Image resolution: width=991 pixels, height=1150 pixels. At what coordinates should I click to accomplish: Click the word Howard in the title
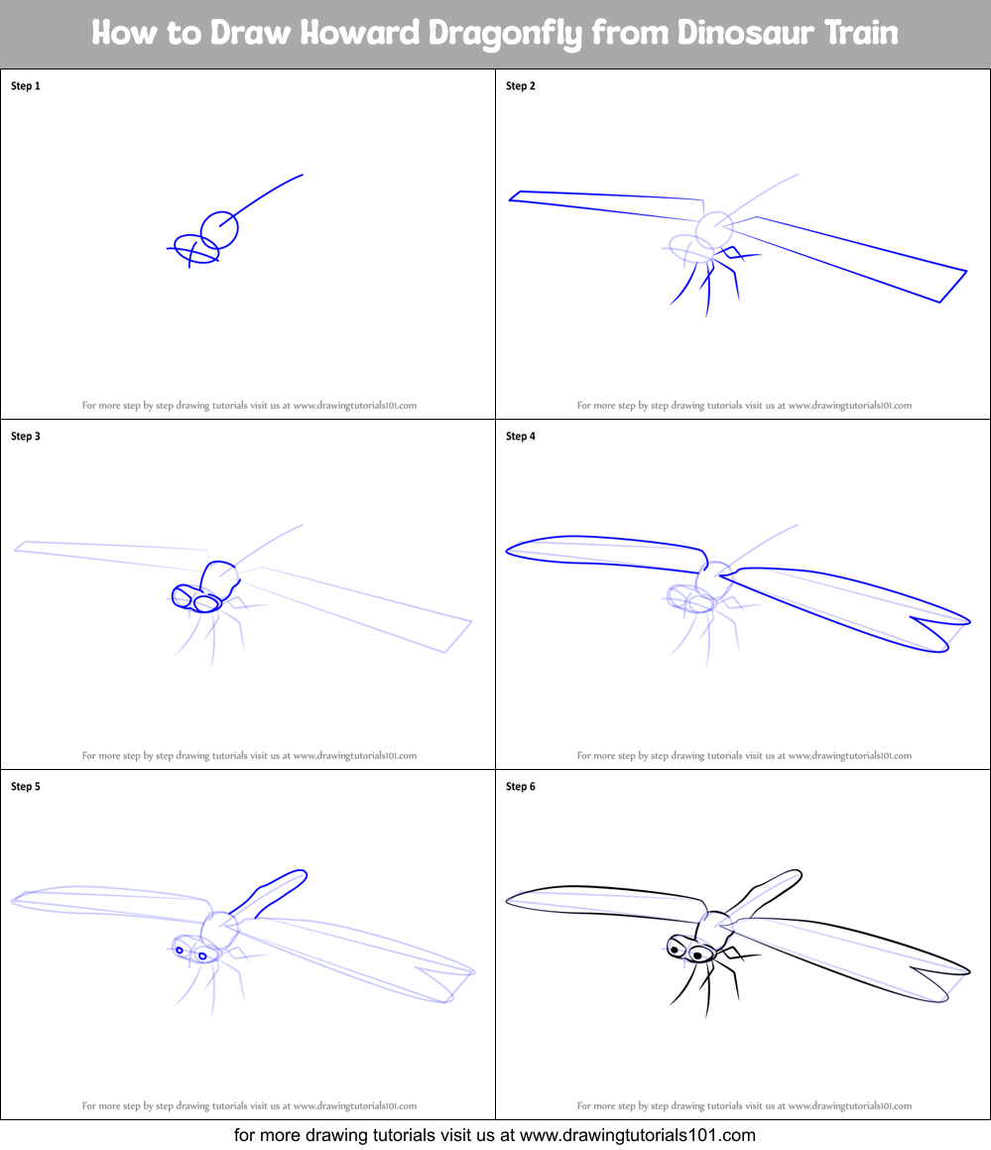pyautogui.click(x=359, y=33)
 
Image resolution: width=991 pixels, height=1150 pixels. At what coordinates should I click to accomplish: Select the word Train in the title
pyautogui.click(x=861, y=33)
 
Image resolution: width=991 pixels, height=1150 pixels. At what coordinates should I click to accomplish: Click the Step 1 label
pyautogui.click(x=26, y=85)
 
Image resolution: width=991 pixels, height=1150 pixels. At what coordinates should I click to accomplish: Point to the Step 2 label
pyautogui.click(x=521, y=85)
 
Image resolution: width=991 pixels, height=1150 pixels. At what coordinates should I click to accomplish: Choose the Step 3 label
pyautogui.click(x=26, y=437)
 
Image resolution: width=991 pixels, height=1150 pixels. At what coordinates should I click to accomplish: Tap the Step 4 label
pyautogui.click(x=521, y=437)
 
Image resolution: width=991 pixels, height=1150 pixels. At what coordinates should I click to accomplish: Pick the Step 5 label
pyautogui.click(x=26, y=787)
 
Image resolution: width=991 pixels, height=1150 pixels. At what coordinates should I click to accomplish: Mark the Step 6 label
pyautogui.click(x=521, y=787)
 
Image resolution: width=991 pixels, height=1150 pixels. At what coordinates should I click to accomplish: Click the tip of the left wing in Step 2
pyautogui.click(x=510, y=198)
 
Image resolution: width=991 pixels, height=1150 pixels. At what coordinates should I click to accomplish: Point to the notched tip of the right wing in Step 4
pyautogui.click(x=912, y=618)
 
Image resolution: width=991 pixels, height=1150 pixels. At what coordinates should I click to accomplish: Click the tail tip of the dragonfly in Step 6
pyautogui.click(x=800, y=873)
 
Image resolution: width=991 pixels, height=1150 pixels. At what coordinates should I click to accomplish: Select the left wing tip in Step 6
pyautogui.click(x=507, y=901)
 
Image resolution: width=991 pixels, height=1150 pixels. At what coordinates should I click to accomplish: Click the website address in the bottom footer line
pyautogui.click(x=638, y=1135)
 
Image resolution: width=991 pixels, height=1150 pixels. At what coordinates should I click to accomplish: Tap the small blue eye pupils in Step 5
pyautogui.click(x=190, y=954)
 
